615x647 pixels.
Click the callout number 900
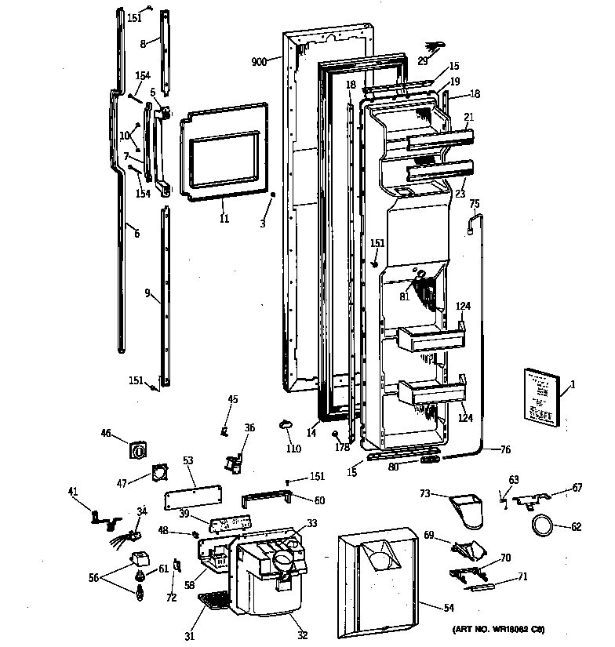point(260,61)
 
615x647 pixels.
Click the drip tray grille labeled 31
point(211,601)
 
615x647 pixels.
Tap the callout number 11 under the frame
point(224,219)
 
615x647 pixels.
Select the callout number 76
point(505,449)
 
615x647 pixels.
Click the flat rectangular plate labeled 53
point(192,499)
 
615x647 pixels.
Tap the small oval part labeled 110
point(285,423)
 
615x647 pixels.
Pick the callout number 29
point(423,60)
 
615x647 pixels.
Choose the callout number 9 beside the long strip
point(147,293)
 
